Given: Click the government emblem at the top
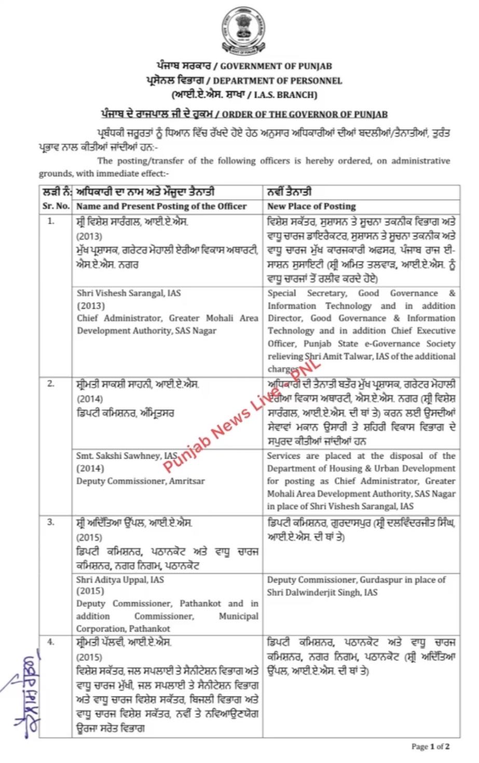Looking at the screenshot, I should tap(240, 30).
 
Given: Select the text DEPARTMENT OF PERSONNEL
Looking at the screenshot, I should tap(278, 81).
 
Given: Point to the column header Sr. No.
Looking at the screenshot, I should tap(56, 206).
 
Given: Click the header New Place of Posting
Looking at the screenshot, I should tap(311, 206).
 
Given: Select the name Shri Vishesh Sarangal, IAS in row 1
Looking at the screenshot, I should tap(129, 293).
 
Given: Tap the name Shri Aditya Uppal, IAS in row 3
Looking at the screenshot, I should tap(120, 579).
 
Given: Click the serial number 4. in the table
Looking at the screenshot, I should tap(51, 642).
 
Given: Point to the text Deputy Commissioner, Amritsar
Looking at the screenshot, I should tap(140, 481).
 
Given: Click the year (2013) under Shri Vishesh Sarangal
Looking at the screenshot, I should tap(90, 306).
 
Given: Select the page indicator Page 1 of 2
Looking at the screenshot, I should tap(430, 747).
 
